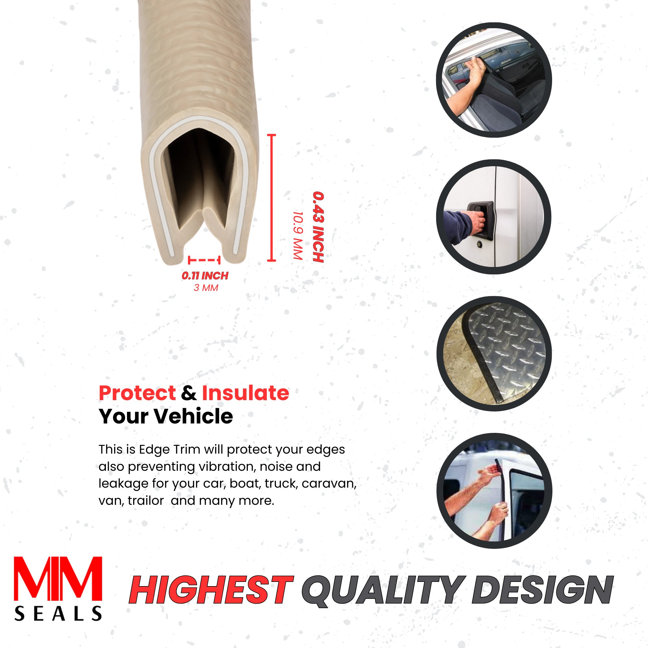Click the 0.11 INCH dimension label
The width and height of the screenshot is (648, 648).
coord(205,276)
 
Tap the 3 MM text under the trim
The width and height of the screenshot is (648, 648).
coord(206,288)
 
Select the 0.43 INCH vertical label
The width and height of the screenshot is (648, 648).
coord(318,227)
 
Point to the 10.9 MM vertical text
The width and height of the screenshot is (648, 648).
coord(298,236)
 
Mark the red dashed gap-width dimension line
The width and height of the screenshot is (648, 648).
coord(204,260)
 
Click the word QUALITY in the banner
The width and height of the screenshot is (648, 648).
coord(384,590)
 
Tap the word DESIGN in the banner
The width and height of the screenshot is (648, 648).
coord(543,589)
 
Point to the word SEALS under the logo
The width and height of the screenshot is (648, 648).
coord(58,614)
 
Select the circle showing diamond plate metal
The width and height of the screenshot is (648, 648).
coord(494,353)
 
